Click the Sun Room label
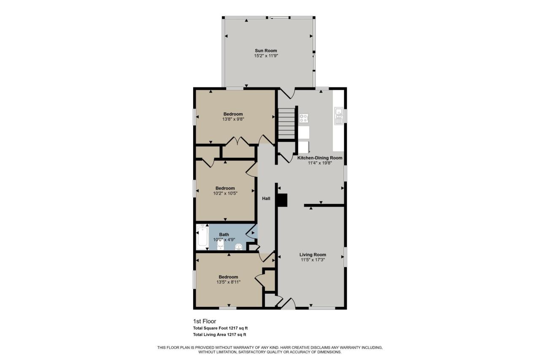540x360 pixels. click(x=266, y=51)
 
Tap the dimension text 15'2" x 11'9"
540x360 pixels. click(x=266, y=56)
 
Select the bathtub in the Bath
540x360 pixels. click(x=202, y=237)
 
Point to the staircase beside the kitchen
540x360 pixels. click(x=286, y=124)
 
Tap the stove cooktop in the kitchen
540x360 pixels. click(x=304, y=118)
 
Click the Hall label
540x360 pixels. click(x=266, y=198)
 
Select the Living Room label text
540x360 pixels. click(x=313, y=254)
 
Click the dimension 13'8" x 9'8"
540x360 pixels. click(x=233, y=119)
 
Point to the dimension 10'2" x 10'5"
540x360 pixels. click(x=225, y=193)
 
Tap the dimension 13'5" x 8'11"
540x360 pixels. click(x=228, y=282)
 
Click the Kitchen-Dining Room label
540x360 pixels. click(x=320, y=158)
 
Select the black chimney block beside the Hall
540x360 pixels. click(x=282, y=200)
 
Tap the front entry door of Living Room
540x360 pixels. click(x=288, y=304)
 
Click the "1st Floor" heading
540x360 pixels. click(x=204, y=321)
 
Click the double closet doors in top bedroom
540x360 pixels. click(x=238, y=141)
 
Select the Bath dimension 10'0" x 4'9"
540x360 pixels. click(x=224, y=239)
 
